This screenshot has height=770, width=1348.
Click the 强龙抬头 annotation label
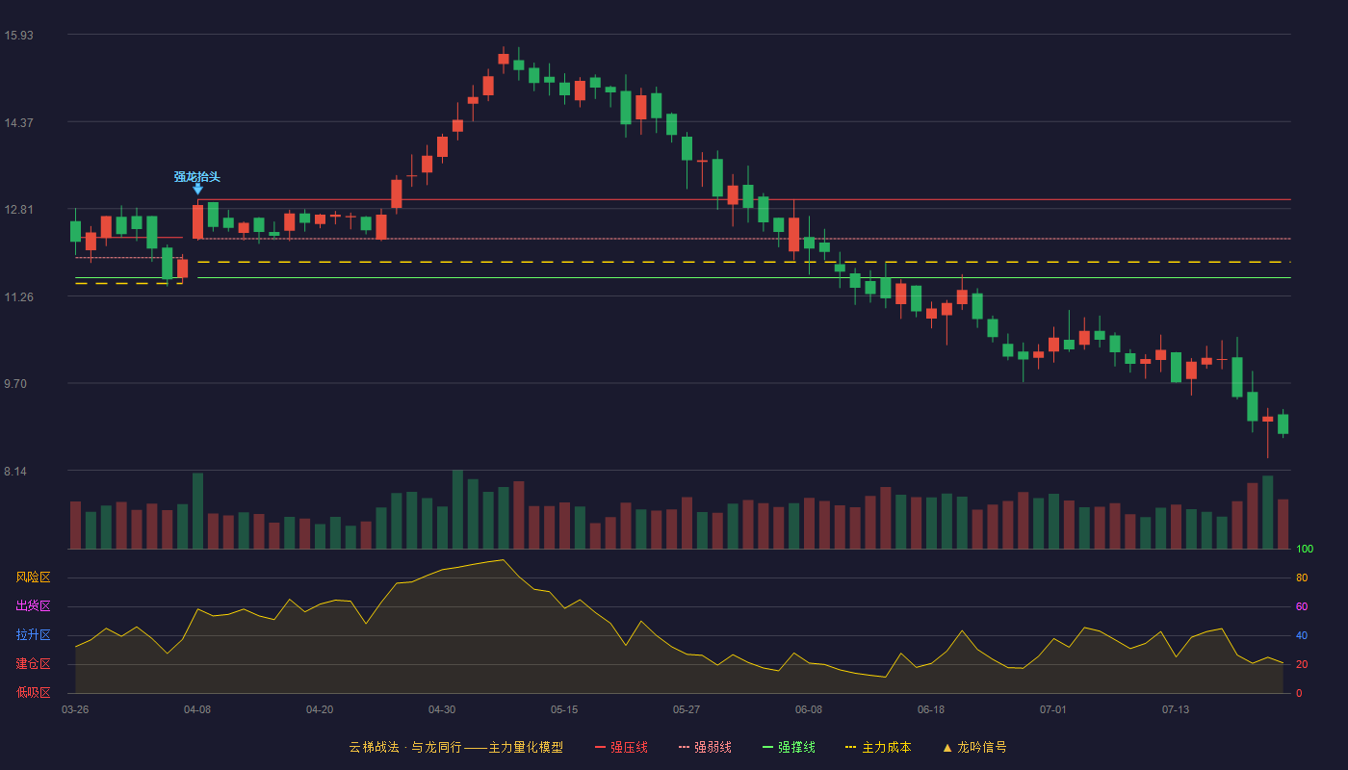point(196,177)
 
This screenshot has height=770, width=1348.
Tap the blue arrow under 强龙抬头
point(197,189)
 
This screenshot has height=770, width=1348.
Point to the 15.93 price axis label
point(18,36)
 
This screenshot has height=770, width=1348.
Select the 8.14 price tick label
point(15,472)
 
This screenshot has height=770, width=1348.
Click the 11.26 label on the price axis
point(18,297)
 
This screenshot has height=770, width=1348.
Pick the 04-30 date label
point(442,710)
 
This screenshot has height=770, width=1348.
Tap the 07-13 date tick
point(1176,710)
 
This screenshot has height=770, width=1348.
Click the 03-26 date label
point(75,710)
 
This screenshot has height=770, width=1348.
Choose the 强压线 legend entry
point(621,747)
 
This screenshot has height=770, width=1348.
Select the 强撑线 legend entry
point(789,747)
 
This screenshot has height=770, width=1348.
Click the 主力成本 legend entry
point(878,747)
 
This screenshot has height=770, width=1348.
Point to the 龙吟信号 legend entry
point(974,747)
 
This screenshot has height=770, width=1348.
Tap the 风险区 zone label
point(33,577)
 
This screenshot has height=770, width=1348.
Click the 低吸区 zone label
point(33,693)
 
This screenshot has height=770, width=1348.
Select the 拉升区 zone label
point(33,635)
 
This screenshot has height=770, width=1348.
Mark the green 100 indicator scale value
point(1305,549)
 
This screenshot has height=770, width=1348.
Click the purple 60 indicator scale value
point(1302,606)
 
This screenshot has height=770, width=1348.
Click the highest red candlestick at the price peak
point(504,59)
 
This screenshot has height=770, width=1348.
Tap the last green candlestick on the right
point(1283,423)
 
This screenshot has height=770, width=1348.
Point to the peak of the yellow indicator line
point(503,560)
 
